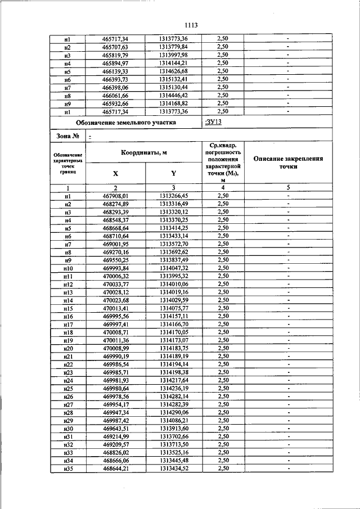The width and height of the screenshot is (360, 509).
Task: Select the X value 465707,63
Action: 115,47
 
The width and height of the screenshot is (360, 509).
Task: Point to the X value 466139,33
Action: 115,71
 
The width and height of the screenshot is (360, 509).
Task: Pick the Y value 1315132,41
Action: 173,80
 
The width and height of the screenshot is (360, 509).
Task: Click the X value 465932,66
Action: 115,105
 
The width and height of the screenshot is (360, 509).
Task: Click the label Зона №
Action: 67,136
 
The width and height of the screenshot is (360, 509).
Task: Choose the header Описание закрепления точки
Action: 287,163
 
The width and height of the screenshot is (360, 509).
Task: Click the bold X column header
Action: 115,174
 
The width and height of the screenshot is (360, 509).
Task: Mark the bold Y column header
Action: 173,174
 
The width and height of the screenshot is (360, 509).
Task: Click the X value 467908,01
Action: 115,196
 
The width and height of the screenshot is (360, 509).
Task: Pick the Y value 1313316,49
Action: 173,204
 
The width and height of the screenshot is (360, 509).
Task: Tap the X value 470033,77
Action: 115,285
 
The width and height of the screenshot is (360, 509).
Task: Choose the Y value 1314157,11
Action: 173,317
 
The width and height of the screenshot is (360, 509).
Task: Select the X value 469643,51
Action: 115,429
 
